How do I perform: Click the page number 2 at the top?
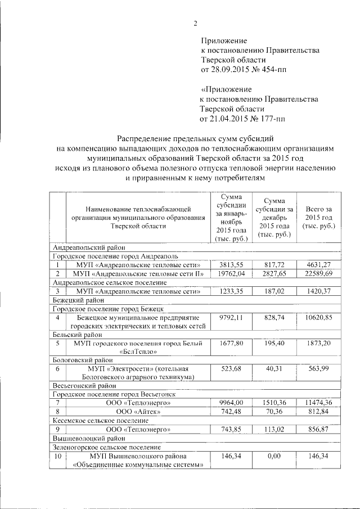click(x=196, y=23)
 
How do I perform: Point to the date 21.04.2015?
click(x=232, y=119)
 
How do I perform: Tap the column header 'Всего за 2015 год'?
click(x=318, y=217)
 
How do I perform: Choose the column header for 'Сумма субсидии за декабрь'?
click(x=273, y=217)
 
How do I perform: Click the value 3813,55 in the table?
click(x=230, y=264)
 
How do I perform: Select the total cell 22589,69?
click(x=318, y=273)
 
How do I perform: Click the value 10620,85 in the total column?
click(x=318, y=318)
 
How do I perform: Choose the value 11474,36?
click(x=318, y=403)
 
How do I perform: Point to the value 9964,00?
click(x=230, y=403)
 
